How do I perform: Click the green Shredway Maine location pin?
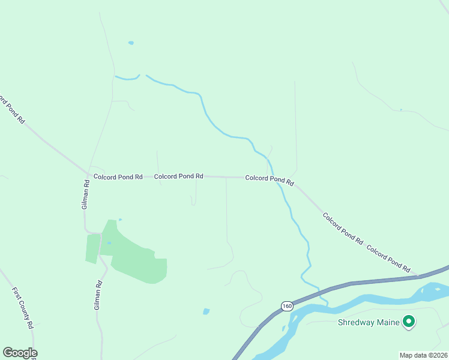pos(409,322)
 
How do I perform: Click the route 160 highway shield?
pos(287,306)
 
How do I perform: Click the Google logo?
pos(20,353)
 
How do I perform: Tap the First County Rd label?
pos(22,308)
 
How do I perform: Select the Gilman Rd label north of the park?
pos(86,196)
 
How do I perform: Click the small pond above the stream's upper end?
pos(131,43)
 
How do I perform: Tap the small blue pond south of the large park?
pos(206,311)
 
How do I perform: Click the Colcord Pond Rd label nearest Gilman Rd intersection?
pos(118,177)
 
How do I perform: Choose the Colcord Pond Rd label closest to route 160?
pos(388,258)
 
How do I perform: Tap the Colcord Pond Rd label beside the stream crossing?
pos(270,179)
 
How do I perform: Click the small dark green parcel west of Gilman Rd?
pos(92,248)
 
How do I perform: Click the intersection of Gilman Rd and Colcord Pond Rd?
pos(89,175)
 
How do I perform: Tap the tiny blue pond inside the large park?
pos(109,243)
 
